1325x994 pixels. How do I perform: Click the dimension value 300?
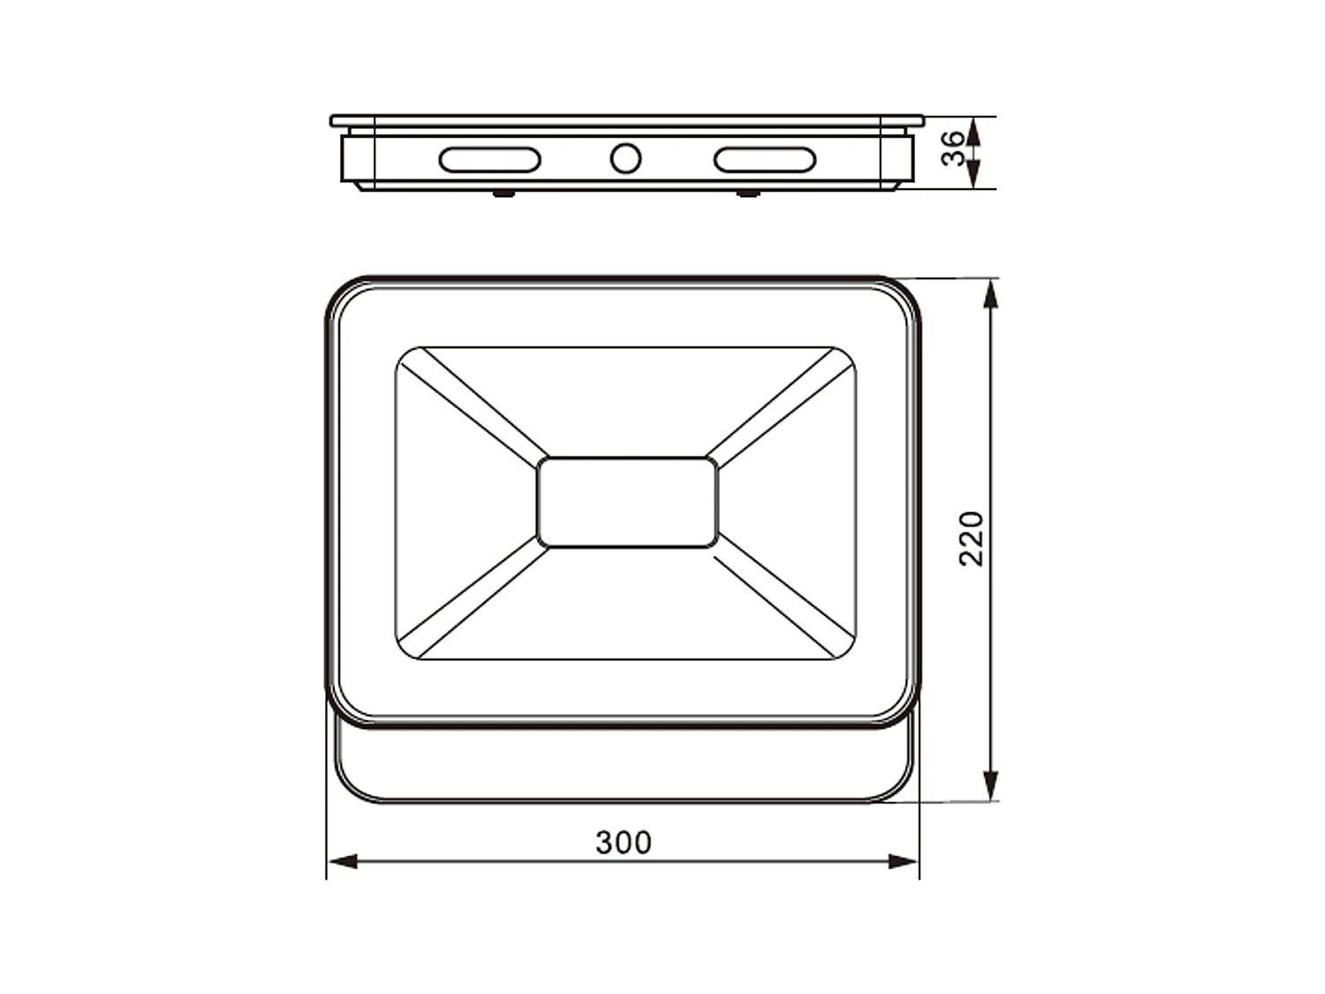coord(624,843)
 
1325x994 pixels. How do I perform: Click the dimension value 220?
coord(972,538)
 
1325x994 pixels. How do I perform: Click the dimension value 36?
coord(953,148)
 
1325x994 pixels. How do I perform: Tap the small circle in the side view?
coord(625,159)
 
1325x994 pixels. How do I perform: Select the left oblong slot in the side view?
coord(489,160)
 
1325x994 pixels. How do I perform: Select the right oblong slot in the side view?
coord(764,160)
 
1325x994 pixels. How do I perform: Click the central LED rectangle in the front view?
coord(627,502)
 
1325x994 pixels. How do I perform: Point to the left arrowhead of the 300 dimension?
coord(341,861)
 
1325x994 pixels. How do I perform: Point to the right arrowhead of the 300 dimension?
coord(905,861)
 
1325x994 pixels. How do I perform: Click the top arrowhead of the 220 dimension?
coord(990,292)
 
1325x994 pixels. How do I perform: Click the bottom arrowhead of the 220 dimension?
coord(990,785)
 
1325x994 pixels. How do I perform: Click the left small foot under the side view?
coord(503,193)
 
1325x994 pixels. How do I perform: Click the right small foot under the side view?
coord(747,193)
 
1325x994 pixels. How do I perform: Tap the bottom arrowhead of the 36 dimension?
coord(973,175)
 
